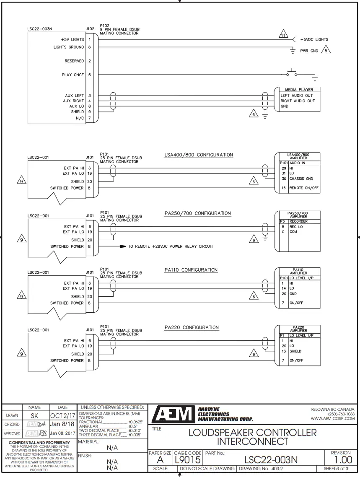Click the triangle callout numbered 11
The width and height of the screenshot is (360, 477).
pyautogui.click(x=283, y=35)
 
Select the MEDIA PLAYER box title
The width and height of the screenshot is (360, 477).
pyautogui.click(x=299, y=90)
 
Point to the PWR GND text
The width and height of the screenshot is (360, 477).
pyautogui.click(x=309, y=51)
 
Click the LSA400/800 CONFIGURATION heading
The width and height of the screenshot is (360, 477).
pyautogui.click(x=199, y=155)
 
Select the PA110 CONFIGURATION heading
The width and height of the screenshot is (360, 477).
pyautogui.click(x=191, y=270)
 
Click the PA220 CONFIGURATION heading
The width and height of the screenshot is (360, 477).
pyautogui.click(x=192, y=327)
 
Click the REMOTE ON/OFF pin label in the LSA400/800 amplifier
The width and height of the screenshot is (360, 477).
pyautogui.click(x=304, y=188)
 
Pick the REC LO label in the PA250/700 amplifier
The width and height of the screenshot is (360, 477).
pyautogui.click(x=296, y=227)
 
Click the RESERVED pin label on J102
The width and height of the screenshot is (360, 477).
pyautogui.click(x=74, y=61)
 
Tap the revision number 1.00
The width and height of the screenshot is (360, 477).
pyautogui.click(x=341, y=460)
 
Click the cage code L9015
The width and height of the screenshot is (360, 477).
pyautogui.click(x=188, y=460)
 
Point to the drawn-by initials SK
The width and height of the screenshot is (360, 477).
pyautogui.click(x=35, y=415)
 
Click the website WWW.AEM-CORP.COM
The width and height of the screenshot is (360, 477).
pyautogui.click(x=332, y=418)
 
